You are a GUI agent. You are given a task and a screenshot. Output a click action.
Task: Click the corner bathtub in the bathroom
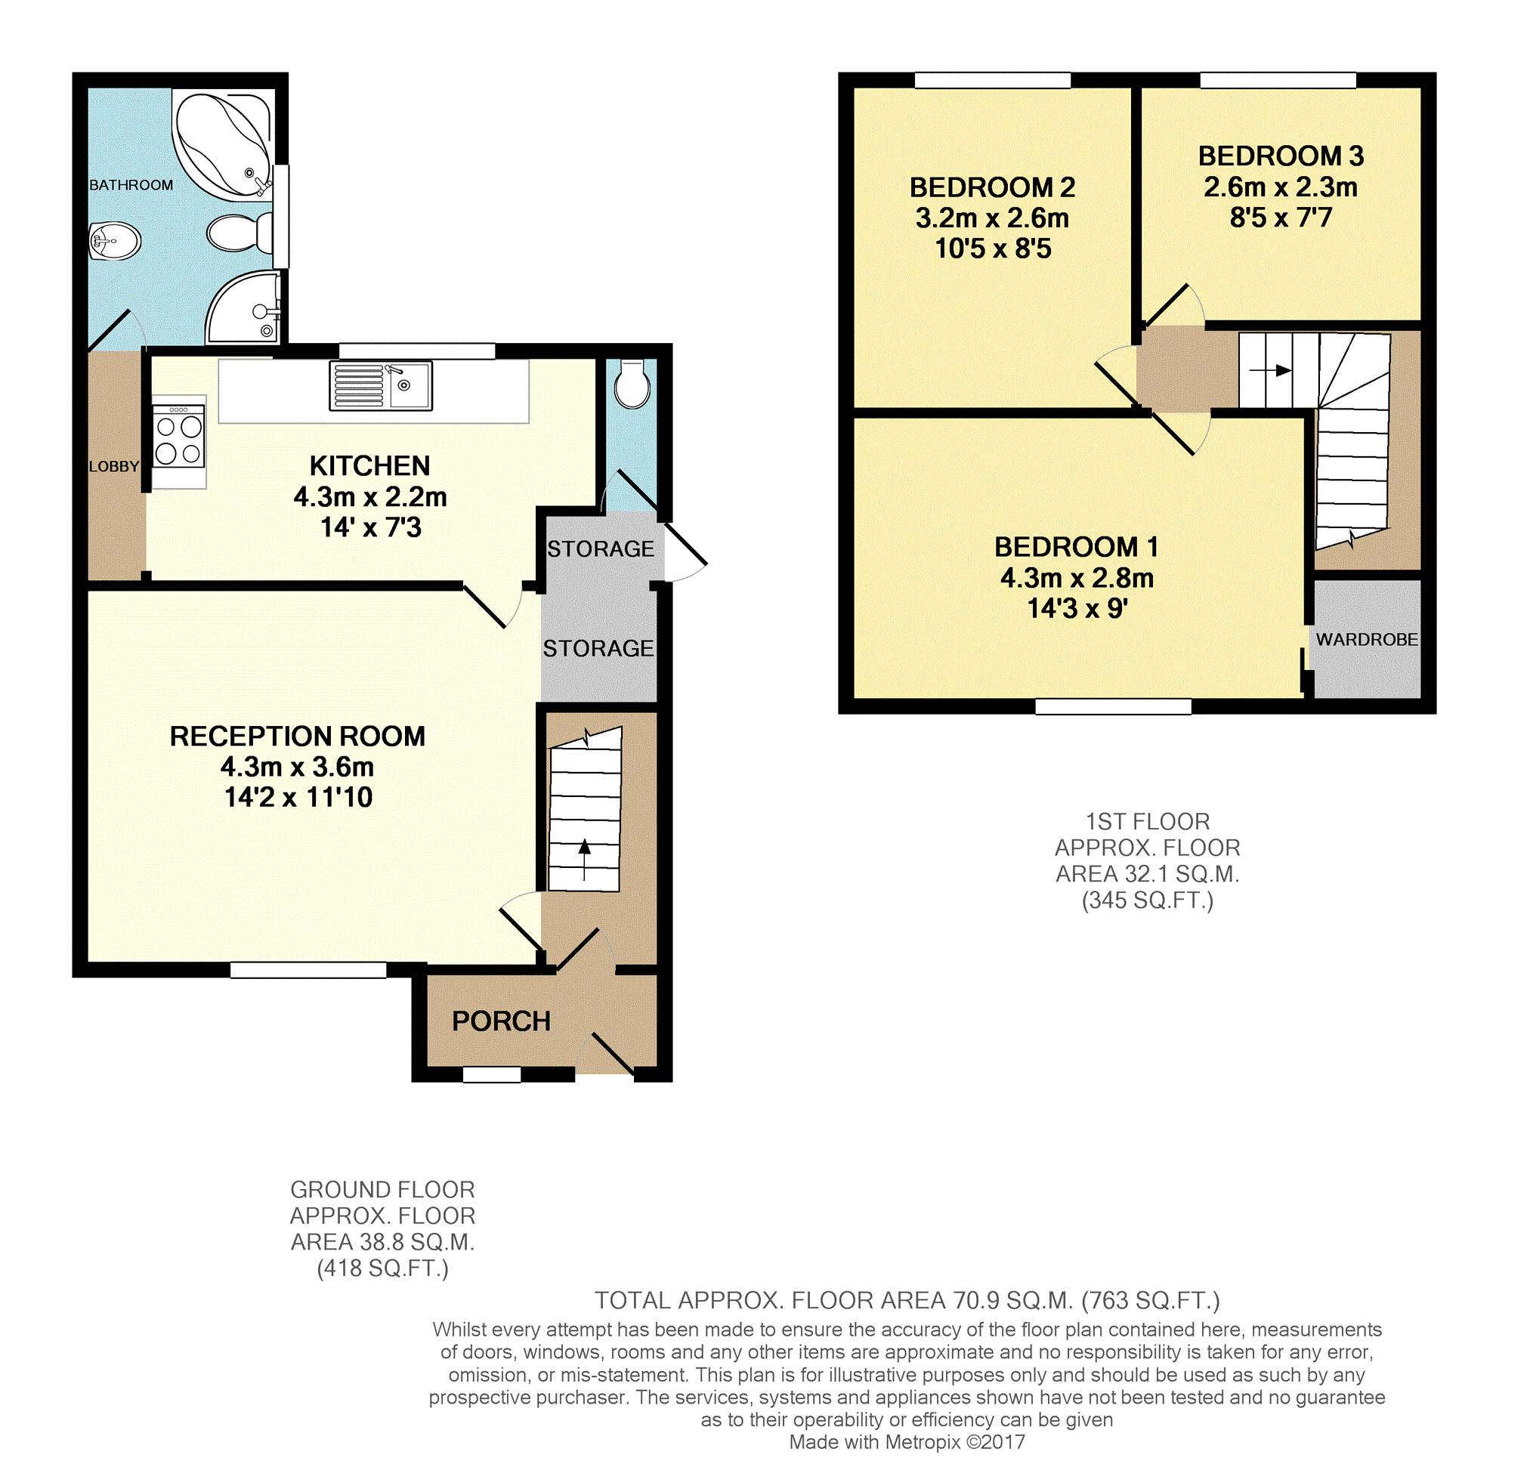(223, 144)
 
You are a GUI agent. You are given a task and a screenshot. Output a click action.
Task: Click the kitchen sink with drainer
(381, 385)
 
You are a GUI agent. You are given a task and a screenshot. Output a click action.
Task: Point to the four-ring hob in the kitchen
(178, 436)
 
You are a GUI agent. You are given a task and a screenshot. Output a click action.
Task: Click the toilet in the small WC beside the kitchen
(632, 384)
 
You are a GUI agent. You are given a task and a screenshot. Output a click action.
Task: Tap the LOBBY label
(114, 467)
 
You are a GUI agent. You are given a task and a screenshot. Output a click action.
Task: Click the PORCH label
(501, 1021)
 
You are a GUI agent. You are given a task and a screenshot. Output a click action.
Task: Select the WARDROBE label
(1366, 639)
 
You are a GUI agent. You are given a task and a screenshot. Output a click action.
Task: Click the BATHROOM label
(131, 185)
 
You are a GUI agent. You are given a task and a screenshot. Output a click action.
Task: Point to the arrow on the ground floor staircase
(584, 860)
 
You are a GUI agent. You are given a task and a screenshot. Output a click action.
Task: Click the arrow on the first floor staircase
(1271, 371)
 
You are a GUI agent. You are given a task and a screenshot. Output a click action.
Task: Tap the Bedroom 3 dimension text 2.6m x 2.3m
(1281, 187)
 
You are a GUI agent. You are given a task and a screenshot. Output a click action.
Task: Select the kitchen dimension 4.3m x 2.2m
(370, 497)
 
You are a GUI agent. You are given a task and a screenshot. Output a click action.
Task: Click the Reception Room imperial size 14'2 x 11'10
(298, 798)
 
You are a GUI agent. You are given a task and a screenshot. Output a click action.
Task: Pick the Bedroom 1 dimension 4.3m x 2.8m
(1077, 578)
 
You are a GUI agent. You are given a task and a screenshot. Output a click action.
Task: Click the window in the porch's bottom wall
(492, 1075)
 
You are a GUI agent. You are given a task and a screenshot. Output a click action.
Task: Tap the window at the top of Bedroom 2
(993, 80)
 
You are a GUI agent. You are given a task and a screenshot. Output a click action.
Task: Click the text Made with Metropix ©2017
(907, 1442)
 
